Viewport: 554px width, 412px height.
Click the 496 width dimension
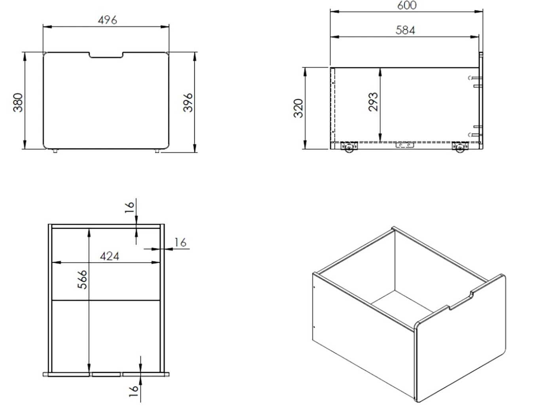click(107, 20)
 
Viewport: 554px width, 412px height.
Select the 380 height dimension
click(18, 103)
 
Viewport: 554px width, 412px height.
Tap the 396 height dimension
click(188, 103)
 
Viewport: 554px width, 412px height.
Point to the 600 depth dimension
click(407, 6)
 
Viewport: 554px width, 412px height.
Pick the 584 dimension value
click(405, 30)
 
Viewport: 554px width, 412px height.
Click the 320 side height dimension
click(298, 108)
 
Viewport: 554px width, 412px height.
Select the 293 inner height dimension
click(373, 102)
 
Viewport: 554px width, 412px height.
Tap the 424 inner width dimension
click(110, 256)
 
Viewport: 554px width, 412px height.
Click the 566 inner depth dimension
click(82, 279)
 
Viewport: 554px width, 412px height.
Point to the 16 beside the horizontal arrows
click(180, 242)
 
